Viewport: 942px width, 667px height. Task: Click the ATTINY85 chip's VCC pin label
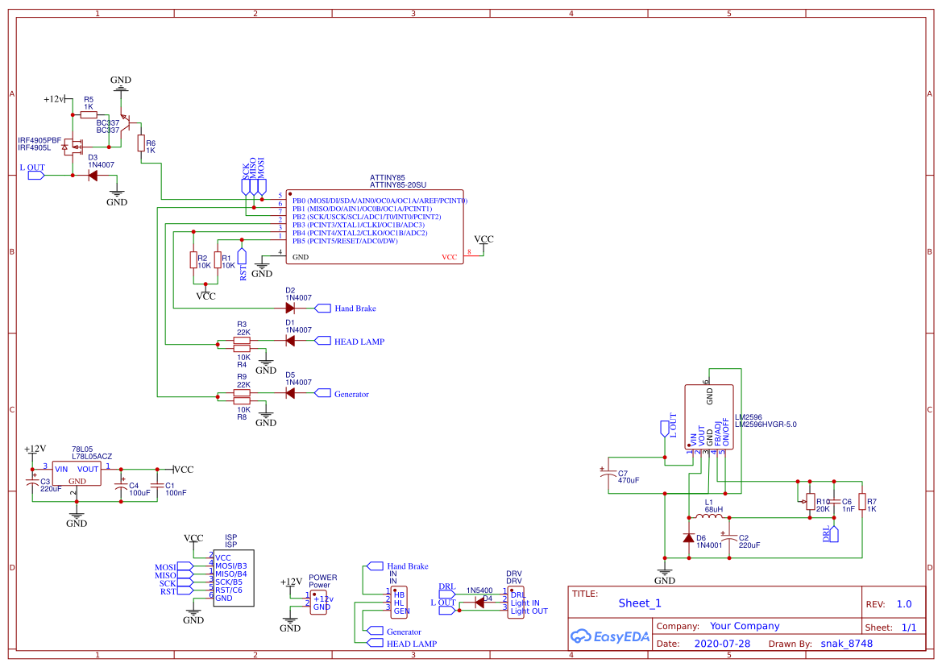click(x=449, y=258)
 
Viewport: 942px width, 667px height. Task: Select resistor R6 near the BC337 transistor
click(x=141, y=143)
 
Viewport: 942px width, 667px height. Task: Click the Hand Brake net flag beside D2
click(x=323, y=308)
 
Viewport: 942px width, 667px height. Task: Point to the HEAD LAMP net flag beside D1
click(x=323, y=341)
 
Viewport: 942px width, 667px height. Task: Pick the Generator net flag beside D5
click(x=323, y=393)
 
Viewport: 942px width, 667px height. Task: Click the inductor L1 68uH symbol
click(x=708, y=518)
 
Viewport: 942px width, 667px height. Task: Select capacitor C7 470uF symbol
click(x=608, y=475)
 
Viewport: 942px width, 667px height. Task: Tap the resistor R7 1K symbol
click(x=861, y=502)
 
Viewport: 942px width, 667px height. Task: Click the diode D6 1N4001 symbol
click(x=689, y=537)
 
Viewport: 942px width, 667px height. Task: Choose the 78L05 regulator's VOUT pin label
click(x=88, y=469)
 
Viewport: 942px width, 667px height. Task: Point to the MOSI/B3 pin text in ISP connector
click(x=230, y=565)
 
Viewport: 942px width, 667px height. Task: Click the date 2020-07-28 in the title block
click(x=721, y=644)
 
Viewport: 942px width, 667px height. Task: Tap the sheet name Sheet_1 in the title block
click(x=640, y=603)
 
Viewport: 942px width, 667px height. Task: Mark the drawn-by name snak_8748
click(x=846, y=644)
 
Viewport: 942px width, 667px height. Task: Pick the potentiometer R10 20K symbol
click(x=810, y=502)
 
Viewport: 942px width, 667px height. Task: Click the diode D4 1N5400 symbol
click(x=479, y=603)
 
